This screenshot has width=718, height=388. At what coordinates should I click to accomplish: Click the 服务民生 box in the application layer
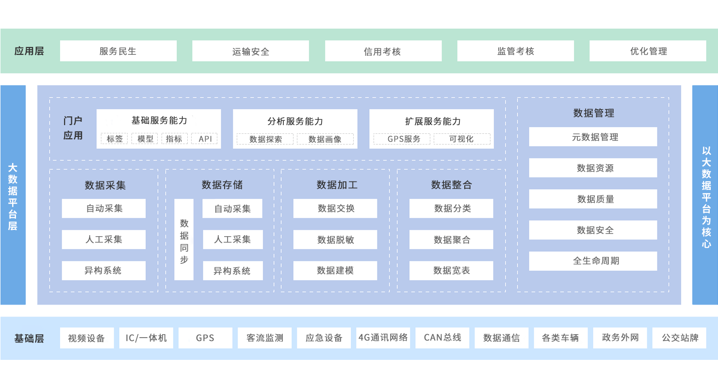click(118, 51)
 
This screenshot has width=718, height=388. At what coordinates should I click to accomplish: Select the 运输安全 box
click(250, 51)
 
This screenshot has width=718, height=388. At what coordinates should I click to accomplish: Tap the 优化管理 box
click(648, 51)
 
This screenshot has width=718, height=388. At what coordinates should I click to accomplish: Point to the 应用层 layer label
click(29, 51)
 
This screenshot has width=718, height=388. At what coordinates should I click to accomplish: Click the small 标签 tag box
click(114, 139)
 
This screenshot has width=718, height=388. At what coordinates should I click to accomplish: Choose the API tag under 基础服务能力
click(205, 139)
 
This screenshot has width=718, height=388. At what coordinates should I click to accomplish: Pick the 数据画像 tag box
click(325, 139)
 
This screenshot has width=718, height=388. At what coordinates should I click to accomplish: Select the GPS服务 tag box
click(403, 139)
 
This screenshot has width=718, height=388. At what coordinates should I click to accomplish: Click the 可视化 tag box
click(461, 139)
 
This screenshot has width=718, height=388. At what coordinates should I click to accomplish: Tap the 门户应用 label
click(73, 128)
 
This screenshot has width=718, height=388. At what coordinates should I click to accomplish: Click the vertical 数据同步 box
click(184, 240)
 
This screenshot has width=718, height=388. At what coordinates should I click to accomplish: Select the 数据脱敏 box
click(335, 240)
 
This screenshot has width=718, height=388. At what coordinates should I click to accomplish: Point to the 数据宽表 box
click(451, 271)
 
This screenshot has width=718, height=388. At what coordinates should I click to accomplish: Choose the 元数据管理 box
click(593, 137)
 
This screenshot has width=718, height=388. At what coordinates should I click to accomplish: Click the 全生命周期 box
click(593, 261)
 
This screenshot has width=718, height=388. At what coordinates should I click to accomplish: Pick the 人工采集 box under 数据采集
click(104, 240)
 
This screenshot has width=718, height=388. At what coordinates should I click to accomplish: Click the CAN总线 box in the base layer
click(442, 338)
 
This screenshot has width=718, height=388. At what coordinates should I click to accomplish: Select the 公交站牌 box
click(679, 338)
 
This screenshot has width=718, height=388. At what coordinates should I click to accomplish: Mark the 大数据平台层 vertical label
click(13, 196)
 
